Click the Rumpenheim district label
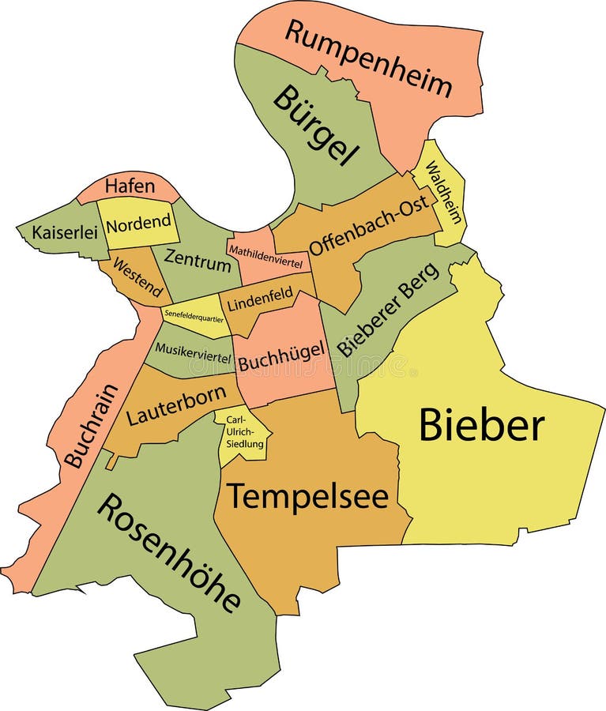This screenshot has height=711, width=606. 368,58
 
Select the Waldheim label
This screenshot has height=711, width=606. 443,192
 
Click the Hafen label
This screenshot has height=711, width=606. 130,186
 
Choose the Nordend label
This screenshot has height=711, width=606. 138,224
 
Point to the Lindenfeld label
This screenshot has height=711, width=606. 260,299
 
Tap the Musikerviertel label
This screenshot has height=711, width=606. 194,352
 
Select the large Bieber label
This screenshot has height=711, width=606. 480,425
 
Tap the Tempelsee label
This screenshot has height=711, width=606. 308,497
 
